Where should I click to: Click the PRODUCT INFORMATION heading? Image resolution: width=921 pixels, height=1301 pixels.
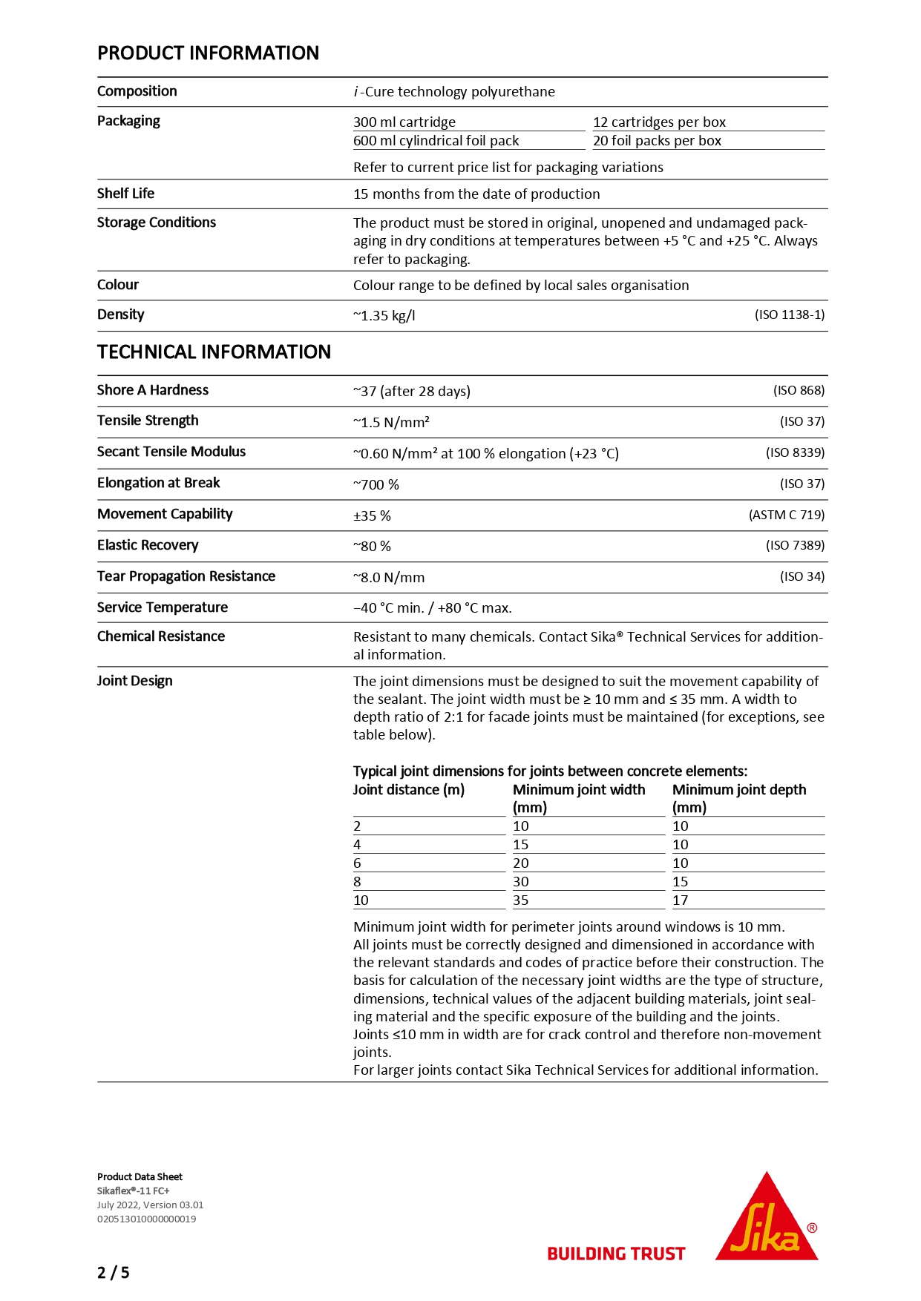pos(208,53)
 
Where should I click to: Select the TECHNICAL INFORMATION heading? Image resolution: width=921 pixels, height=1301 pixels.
pos(214,352)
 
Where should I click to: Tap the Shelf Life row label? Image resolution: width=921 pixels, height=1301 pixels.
pos(125,194)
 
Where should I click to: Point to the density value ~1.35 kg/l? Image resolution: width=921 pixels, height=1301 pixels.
pos(384,315)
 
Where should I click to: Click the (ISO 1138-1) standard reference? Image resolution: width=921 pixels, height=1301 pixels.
pos(790,314)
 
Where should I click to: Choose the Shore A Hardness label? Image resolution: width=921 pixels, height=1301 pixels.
pos(153,390)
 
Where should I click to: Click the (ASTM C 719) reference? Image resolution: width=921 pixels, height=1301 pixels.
pos(787,515)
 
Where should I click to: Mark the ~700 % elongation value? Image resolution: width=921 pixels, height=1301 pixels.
pos(376,484)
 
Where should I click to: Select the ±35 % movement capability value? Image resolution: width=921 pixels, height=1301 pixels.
pos(372,516)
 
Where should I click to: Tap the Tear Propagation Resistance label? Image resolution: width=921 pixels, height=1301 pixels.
pos(186,576)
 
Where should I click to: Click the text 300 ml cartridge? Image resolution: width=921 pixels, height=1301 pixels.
pos(404,122)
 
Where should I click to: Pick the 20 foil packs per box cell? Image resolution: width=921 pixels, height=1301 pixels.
pos(657,140)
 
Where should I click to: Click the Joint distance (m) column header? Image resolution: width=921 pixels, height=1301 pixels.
pos(408,789)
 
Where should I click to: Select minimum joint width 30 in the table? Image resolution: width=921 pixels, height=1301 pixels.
pos(521,881)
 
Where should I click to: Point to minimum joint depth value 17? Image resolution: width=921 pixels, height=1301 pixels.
pos(681,900)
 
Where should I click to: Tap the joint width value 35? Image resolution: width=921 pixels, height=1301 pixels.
pos(521,900)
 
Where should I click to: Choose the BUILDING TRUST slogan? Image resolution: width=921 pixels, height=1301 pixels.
pos(616,1254)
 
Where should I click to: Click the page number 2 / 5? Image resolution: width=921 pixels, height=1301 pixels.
pos(113,1273)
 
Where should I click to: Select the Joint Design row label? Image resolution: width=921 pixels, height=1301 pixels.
pos(134,681)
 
